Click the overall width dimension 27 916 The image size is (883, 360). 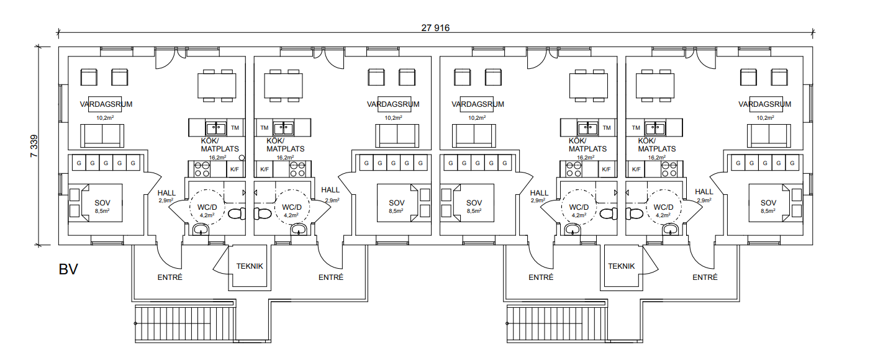[435, 28]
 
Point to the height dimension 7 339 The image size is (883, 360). [34, 146]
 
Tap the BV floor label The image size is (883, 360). [68, 269]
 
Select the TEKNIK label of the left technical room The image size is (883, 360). [250, 266]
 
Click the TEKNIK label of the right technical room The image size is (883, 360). [621, 266]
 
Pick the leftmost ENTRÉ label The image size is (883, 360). [170, 277]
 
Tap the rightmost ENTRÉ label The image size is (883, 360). [705, 277]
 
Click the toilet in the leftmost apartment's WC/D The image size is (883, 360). [237, 214]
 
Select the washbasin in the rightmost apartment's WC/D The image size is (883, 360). [670, 229]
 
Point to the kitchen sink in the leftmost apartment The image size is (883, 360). [215, 128]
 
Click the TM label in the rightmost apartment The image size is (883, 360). [636, 128]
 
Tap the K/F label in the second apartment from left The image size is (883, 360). [264, 169]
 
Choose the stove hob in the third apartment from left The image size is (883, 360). [573, 169]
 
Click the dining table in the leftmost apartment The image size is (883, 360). [217, 86]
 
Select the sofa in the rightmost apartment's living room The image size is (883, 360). [769, 136]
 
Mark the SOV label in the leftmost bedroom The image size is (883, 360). [102, 203]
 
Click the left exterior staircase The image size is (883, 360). [185, 324]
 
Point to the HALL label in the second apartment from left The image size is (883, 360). [330, 190]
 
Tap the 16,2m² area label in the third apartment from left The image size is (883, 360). [586, 158]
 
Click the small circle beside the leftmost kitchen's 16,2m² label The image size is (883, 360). [242, 158]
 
